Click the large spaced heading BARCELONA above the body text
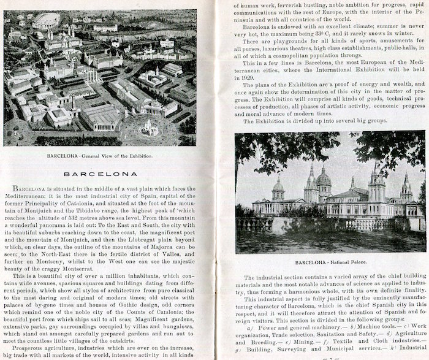coord(111,174)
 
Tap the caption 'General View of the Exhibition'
coord(126,156)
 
